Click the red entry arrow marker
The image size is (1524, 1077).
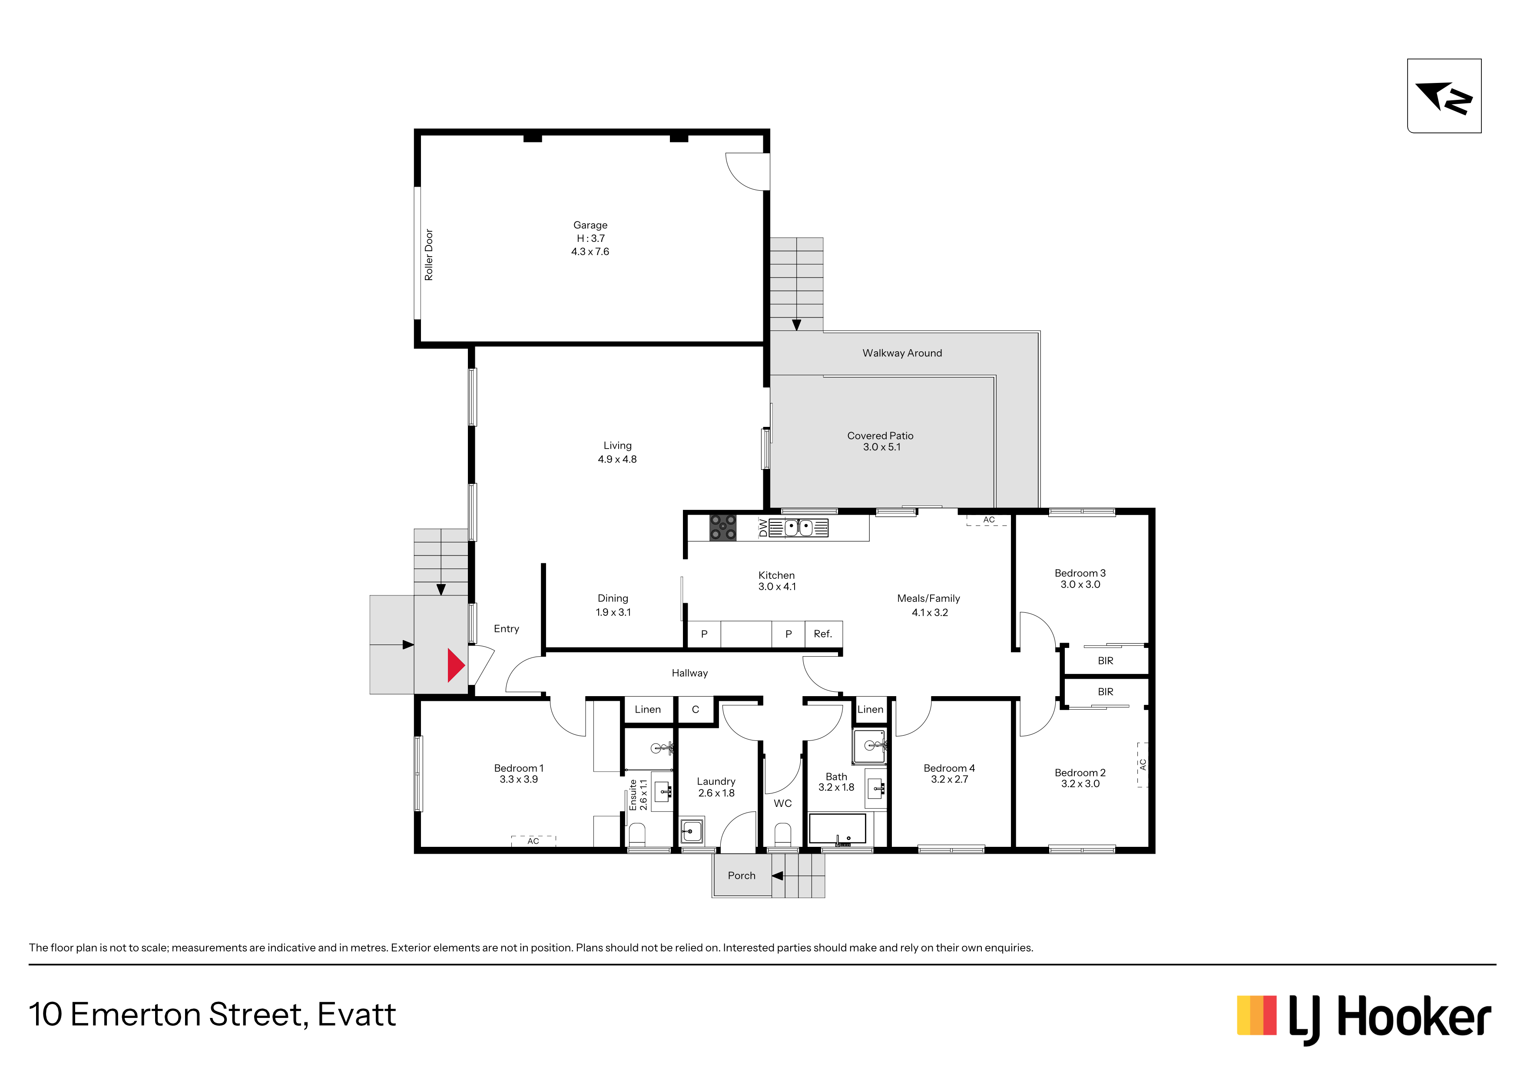pyautogui.click(x=455, y=666)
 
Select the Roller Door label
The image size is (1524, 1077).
pyautogui.click(x=429, y=255)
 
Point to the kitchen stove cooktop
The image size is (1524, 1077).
pyautogui.click(x=723, y=528)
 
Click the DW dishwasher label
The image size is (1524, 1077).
pyautogui.click(x=763, y=528)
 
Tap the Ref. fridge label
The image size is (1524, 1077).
pyautogui.click(x=822, y=634)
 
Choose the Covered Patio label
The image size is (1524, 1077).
pyautogui.click(x=881, y=441)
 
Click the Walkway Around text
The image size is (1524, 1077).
pyautogui.click(x=902, y=353)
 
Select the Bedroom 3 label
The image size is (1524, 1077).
pyautogui.click(x=1080, y=578)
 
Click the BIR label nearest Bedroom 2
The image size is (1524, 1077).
pyautogui.click(x=1105, y=691)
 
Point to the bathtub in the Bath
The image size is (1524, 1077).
pyautogui.click(x=837, y=829)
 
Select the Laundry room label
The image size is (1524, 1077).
pyautogui.click(x=716, y=787)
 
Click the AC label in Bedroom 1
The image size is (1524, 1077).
pyautogui.click(x=533, y=841)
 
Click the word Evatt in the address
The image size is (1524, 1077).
pyautogui.click(x=356, y=1014)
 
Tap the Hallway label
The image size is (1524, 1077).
pyautogui.click(x=689, y=673)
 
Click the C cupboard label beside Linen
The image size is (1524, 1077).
pyautogui.click(x=695, y=709)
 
